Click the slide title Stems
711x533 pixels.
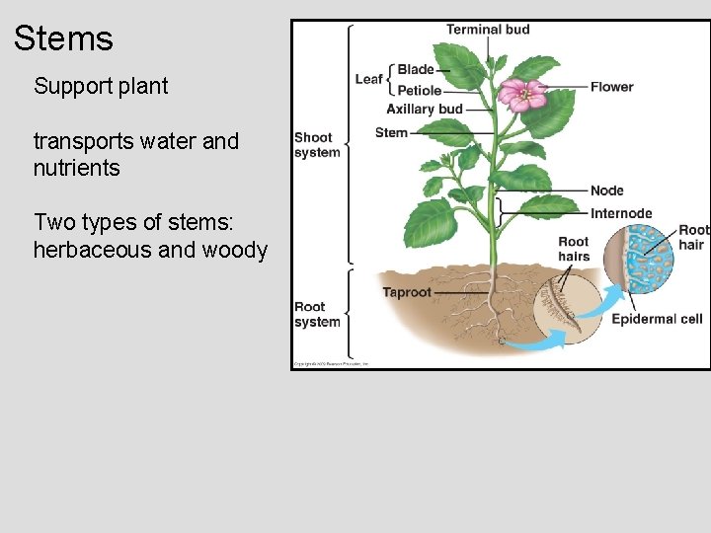pyautogui.click(x=63, y=39)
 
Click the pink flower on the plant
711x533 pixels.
pyautogui.click(x=522, y=94)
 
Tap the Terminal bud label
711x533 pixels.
pyautogui.click(x=488, y=30)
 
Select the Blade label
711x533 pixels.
pyautogui.click(x=416, y=70)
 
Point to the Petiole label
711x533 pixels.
pyautogui.click(x=419, y=91)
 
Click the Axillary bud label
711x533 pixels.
pyautogui.click(x=425, y=109)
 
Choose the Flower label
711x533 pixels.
pyautogui.click(x=612, y=87)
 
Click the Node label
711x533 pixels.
pyautogui.click(x=607, y=190)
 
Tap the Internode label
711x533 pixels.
pyautogui.click(x=621, y=213)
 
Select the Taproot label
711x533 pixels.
pyautogui.click(x=407, y=292)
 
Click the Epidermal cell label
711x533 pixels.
pyautogui.click(x=657, y=319)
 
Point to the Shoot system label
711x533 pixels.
pyautogui.click(x=317, y=145)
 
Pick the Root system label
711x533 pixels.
pyautogui.click(x=317, y=314)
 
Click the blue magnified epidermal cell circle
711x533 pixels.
pyautogui.click(x=638, y=259)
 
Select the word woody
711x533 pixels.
pyautogui.click(x=234, y=250)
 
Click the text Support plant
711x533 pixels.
pyautogui.click(x=101, y=86)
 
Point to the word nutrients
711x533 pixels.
pyautogui.click(x=76, y=168)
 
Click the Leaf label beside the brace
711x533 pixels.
pyautogui.click(x=368, y=79)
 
